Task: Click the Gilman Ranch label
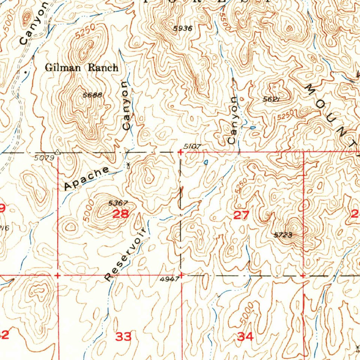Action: point(81,67)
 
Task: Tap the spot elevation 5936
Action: point(182,29)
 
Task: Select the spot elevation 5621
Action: point(271,99)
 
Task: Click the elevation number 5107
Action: point(192,147)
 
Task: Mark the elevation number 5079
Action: point(44,158)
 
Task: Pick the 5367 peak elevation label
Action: point(117,203)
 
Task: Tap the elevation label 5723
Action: point(283,235)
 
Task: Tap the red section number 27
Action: point(241,215)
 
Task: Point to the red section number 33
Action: point(123,337)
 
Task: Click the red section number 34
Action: point(245,337)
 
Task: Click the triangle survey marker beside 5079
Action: point(58,153)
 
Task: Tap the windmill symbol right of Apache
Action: point(128,165)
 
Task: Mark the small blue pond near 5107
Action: point(206,162)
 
